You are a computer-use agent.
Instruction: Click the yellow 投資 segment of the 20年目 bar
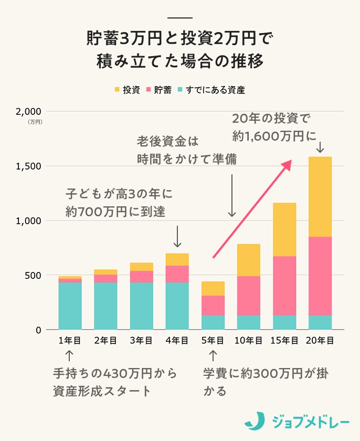click(320, 196)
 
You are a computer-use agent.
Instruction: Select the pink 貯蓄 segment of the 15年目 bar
click(284, 286)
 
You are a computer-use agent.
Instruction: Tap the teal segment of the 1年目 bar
click(70, 306)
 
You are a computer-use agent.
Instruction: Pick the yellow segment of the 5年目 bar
click(213, 288)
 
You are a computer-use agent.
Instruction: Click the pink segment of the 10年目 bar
click(248, 296)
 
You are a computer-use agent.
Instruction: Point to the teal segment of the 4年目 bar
click(177, 306)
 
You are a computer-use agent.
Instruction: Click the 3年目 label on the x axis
click(141, 341)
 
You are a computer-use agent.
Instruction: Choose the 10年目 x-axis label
click(248, 341)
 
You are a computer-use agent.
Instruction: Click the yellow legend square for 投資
click(117, 90)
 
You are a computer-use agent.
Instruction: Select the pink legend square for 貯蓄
click(148, 90)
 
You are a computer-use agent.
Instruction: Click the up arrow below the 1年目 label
click(70, 356)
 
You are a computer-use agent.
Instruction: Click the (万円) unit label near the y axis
click(35, 122)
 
